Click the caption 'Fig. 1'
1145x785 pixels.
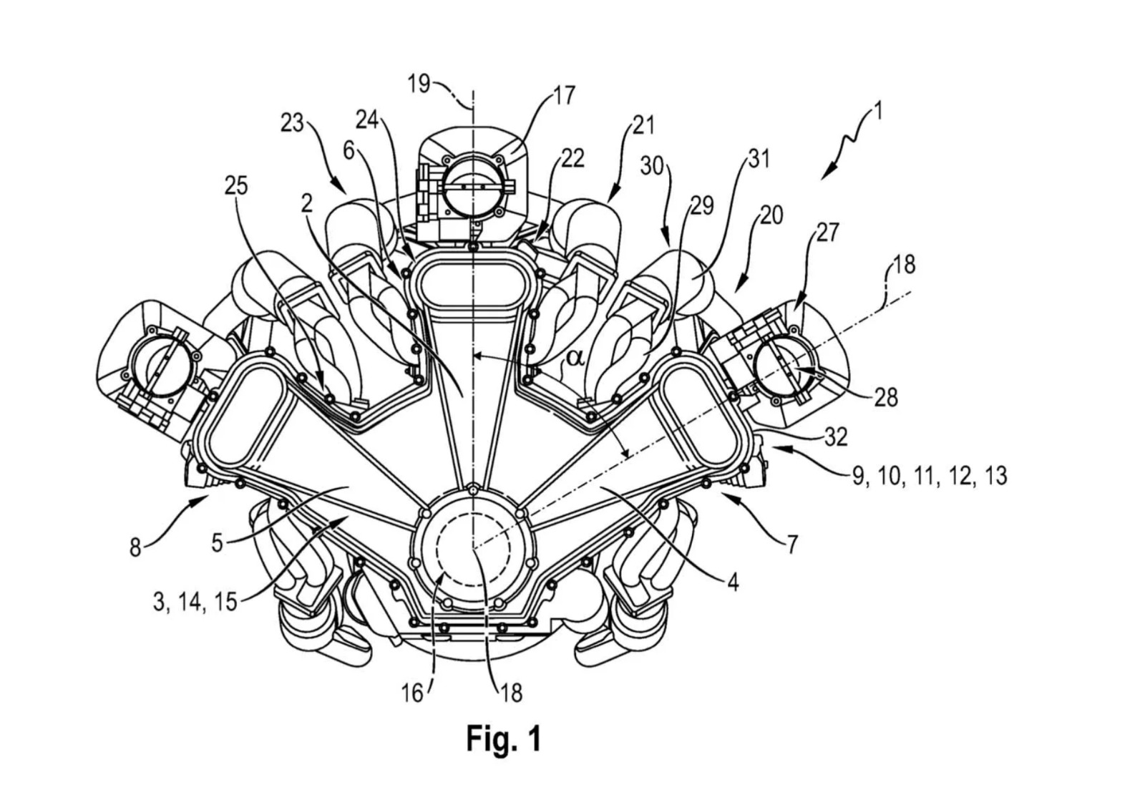[x=504, y=738]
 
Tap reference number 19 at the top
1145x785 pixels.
[x=419, y=84]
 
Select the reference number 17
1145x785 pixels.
[x=565, y=95]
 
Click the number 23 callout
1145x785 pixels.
[x=292, y=124]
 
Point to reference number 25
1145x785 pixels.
[x=236, y=185]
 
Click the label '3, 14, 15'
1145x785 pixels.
[x=195, y=601]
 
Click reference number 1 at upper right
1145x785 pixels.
[x=876, y=112]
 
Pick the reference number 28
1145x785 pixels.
[x=886, y=396]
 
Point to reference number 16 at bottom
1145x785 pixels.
[x=412, y=693]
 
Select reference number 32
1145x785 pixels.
[x=836, y=436]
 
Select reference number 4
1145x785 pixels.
[x=732, y=582]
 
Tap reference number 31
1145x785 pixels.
[x=759, y=159]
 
